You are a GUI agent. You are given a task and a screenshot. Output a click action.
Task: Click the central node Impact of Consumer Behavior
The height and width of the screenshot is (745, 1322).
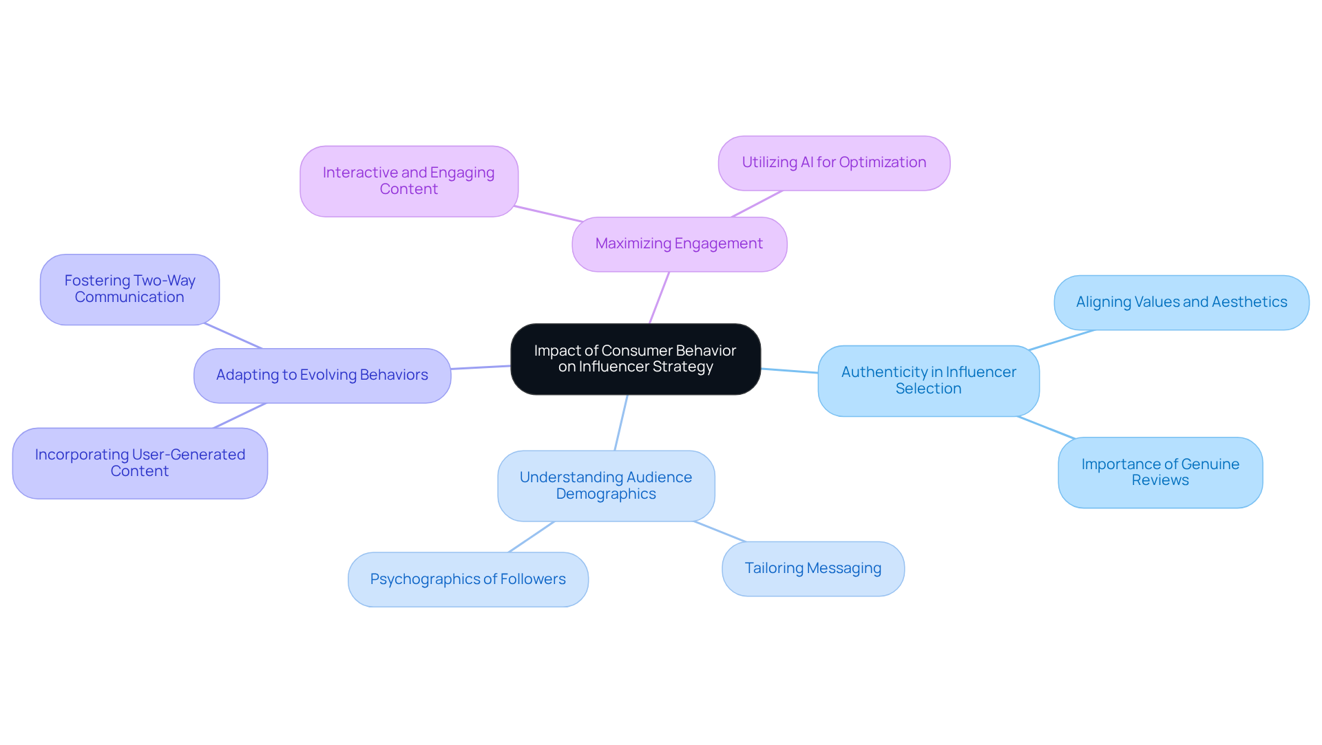[x=635, y=358]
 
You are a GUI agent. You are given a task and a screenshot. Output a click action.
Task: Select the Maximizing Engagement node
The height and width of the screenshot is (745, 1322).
[x=679, y=244]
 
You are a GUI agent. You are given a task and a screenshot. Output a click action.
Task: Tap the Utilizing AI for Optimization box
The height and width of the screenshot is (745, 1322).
[x=834, y=163]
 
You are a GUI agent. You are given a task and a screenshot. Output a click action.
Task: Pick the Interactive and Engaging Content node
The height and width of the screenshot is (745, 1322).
[x=408, y=181]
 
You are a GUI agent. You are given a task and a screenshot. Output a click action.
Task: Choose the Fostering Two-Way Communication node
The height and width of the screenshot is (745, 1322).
[x=129, y=289]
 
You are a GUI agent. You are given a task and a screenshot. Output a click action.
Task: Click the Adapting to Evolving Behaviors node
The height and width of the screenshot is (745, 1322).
[x=322, y=375]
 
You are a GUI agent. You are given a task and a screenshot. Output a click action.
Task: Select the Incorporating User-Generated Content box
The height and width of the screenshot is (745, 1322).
[x=140, y=463]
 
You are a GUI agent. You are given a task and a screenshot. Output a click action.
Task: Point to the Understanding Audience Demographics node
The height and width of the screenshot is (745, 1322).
[x=606, y=486]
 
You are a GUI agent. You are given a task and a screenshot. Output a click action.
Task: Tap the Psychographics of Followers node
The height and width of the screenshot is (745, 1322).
[x=468, y=579]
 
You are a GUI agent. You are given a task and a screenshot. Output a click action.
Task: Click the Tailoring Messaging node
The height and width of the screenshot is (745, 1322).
[x=812, y=568]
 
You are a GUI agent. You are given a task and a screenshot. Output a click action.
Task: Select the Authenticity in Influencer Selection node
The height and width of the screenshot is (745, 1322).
[x=928, y=380]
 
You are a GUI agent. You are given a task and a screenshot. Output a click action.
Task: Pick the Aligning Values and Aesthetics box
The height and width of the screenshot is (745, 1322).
[x=1181, y=302]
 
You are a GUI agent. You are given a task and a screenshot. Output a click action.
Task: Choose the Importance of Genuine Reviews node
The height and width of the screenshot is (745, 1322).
[x=1160, y=473]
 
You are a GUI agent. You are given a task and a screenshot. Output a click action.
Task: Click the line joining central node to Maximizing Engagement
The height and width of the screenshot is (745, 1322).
[x=659, y=298]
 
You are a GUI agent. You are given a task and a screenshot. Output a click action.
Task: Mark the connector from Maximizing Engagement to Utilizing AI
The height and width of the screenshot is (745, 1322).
[x=757, y=204]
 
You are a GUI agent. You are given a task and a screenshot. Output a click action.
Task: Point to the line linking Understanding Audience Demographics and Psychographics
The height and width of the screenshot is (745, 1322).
[x=531, y=537]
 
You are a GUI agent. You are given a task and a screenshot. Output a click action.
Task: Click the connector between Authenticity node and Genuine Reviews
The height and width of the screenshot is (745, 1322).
[x=1046, y=427]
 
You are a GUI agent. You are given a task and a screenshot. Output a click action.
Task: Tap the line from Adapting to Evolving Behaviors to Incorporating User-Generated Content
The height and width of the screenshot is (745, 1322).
[x=240, y=415]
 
